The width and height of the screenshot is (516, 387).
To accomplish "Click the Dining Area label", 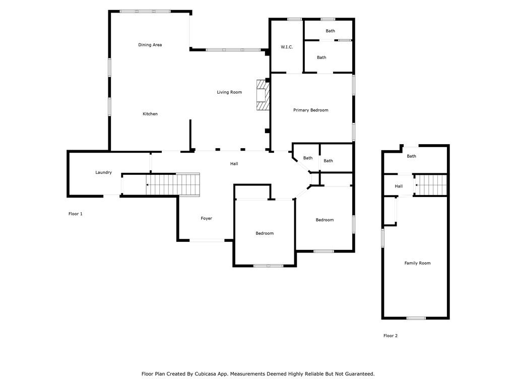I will [150, 45].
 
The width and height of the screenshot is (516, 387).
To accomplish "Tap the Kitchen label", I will [150, 114].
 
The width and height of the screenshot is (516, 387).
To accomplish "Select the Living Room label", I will [229, 92].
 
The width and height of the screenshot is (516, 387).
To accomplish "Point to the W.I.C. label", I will [287, 47].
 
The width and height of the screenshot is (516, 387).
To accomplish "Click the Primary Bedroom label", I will [311, 110].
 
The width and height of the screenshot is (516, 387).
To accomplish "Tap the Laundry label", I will [103, 172].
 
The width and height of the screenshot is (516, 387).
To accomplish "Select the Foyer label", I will [206, 218].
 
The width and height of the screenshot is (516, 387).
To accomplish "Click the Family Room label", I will [417, 263].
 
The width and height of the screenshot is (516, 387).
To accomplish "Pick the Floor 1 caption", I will [75, 214].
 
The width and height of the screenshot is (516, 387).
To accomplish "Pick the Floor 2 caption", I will [390, 336].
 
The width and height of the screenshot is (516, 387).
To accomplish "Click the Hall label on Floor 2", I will [399, 186].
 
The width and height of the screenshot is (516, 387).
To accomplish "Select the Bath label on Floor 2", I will [411, 156].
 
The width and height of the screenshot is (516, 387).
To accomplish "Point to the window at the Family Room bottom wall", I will [416, 318].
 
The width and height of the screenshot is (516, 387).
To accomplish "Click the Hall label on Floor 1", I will [234, 164].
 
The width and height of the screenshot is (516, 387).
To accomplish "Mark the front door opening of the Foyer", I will [207, 240].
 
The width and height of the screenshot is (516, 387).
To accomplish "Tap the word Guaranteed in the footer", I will [357, 374].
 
